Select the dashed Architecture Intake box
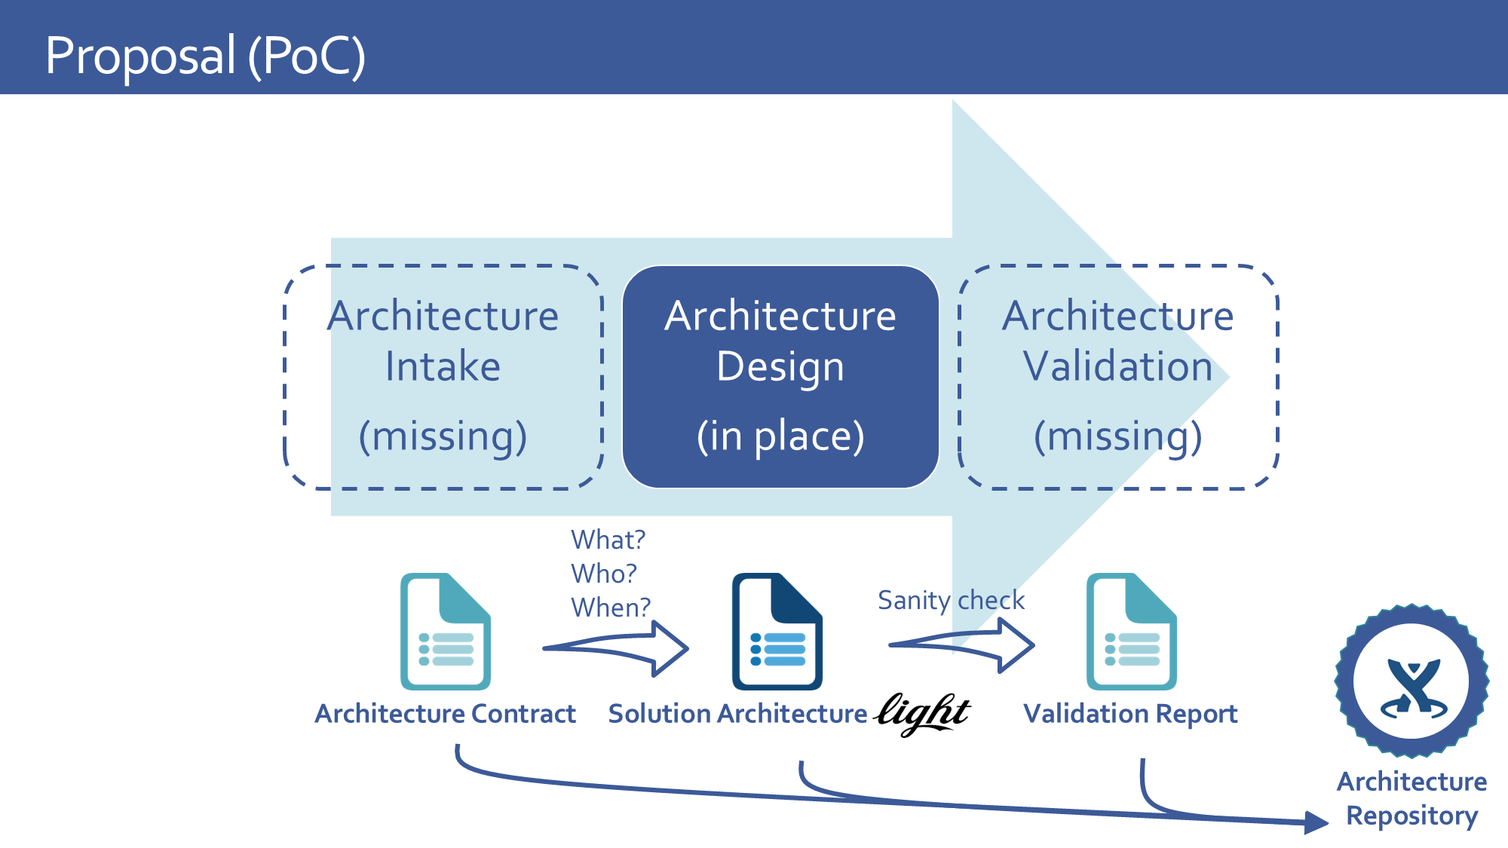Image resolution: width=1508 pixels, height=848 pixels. pos(443,377)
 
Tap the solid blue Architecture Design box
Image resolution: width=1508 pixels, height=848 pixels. pos(780,377)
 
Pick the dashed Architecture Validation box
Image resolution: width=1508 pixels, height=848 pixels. pos(1118,377)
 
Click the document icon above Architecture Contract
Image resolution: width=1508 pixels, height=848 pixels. pos(446,632)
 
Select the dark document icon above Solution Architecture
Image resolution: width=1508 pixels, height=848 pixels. pos(777,632)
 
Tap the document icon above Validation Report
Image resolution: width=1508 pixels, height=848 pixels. pos(1132,632)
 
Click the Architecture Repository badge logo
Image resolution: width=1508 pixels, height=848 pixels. pos(1411,681)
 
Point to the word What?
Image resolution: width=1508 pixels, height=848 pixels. pos(608,540)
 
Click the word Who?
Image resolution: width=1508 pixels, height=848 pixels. pos(604,574)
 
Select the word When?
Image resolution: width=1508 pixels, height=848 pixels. pos(611,608)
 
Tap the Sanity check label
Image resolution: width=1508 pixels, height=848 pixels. pos(951,600)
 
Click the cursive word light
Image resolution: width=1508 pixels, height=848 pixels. pos(923,712)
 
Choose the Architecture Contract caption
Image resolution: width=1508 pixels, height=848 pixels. pos(445,714)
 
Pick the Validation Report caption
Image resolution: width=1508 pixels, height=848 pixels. pos(1130,714)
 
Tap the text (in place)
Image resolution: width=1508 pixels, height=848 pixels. pos(780,436)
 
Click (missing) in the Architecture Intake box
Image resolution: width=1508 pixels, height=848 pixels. pos(443,436)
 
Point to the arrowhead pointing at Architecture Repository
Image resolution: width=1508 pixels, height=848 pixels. pos(1316,822)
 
